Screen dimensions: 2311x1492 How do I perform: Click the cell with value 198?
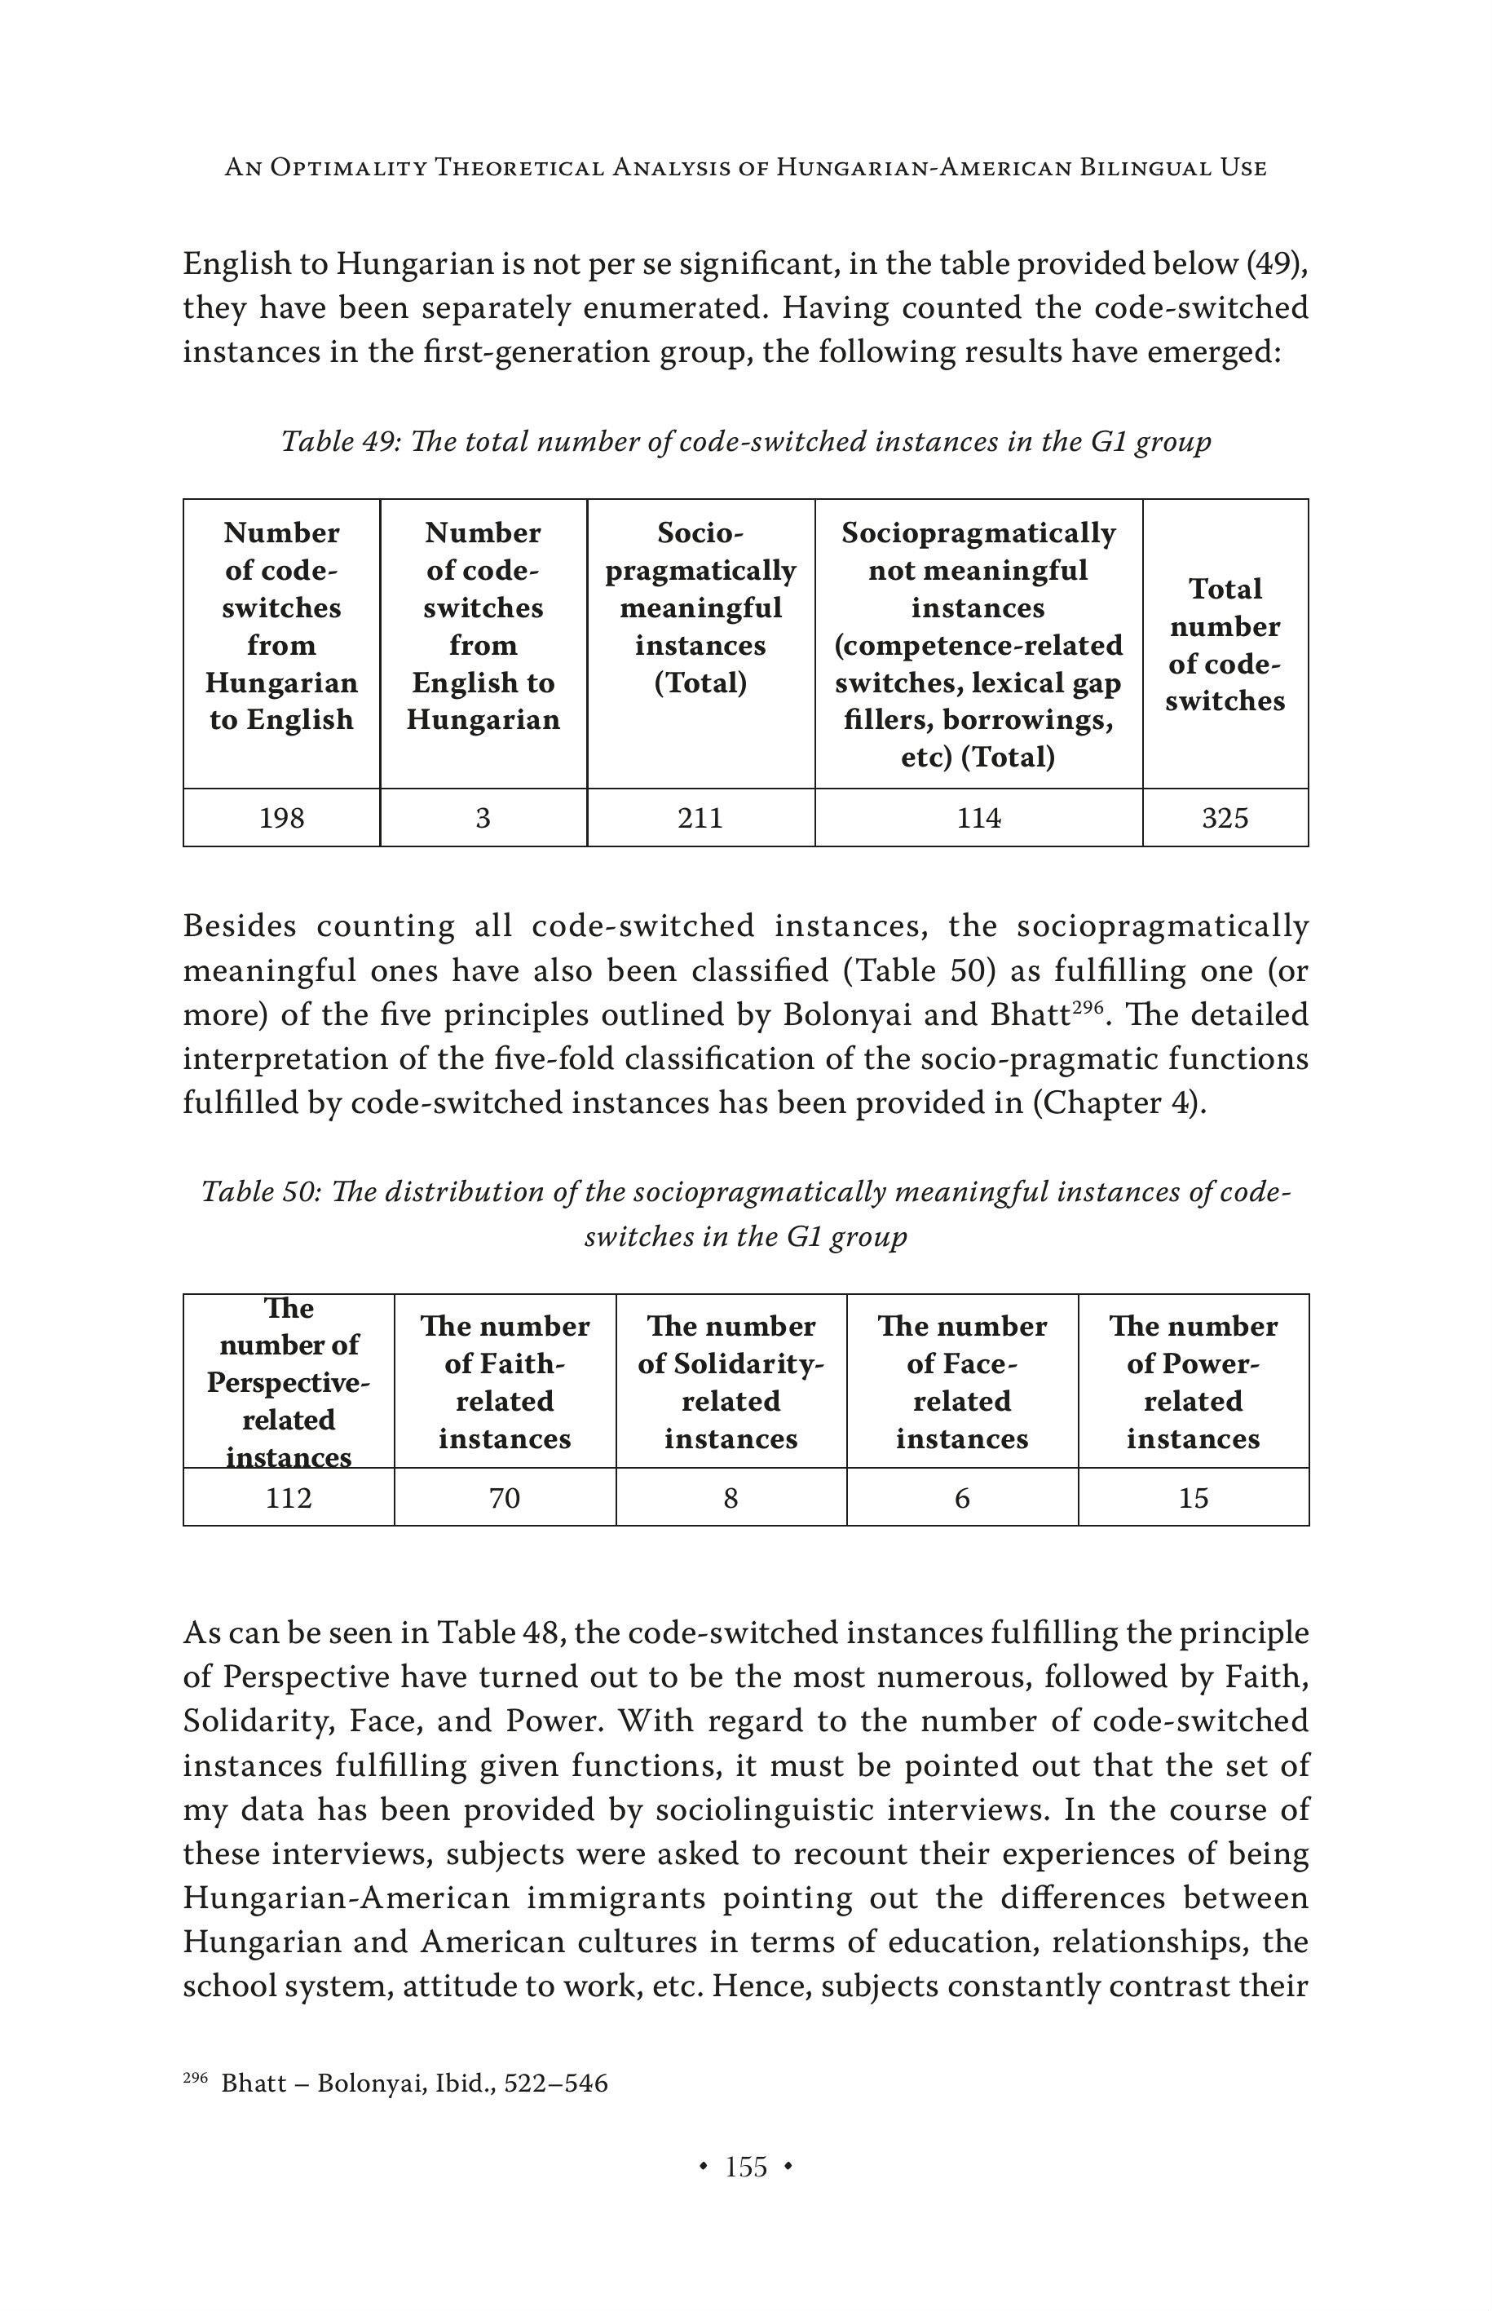281,819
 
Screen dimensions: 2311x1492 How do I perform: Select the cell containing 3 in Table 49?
483,819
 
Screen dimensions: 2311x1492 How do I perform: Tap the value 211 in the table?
700,819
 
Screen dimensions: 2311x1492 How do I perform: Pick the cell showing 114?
978,819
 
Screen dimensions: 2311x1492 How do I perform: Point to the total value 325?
1225,819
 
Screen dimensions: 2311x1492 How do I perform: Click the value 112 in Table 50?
288,1498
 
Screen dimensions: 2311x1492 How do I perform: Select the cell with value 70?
504,1498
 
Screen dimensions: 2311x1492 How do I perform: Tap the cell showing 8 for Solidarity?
731,1498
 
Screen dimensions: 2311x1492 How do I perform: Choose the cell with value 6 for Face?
962,1498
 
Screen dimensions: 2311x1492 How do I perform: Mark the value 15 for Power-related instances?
1193,1498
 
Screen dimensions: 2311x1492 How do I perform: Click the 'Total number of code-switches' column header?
1225,644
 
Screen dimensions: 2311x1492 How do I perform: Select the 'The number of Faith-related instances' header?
504,1381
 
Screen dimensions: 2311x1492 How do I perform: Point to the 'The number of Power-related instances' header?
1193,1381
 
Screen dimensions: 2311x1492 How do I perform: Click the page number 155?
746,2167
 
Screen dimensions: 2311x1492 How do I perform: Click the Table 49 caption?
746,442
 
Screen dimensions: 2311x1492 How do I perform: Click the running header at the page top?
746,168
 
